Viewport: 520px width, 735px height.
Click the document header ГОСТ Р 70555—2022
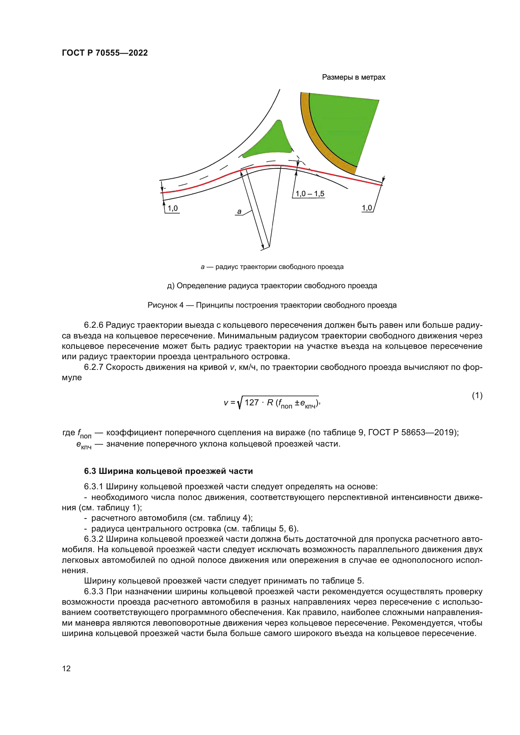click(x=105, y=53)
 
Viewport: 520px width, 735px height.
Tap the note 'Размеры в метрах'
click(x=353, y=77)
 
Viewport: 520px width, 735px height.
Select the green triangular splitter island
click(x=271, y=142)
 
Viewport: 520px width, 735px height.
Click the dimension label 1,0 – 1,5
click(x=310, y=194)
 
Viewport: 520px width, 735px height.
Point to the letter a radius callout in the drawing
click(x=239, y=211)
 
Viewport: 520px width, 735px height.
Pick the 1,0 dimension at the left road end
click(x=173, y=208)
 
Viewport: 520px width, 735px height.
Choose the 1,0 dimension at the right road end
click(x=367, y=208)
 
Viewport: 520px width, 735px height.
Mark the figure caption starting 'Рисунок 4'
click(x=272, y=305)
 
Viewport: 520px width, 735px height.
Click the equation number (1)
click(x=477, y=396)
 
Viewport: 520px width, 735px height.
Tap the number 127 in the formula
click(x=252, y=403)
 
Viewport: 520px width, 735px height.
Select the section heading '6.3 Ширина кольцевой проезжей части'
click(x=169, y=471)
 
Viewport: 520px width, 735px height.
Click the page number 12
click(x=66, y=668)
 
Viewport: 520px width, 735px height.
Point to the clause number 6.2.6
click(x=93, y=325)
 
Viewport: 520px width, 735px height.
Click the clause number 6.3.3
click(x=93, y=592)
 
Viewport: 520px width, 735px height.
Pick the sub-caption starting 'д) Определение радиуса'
click(x=272, y=286)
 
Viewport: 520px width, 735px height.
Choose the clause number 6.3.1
click(x=93, y=486)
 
